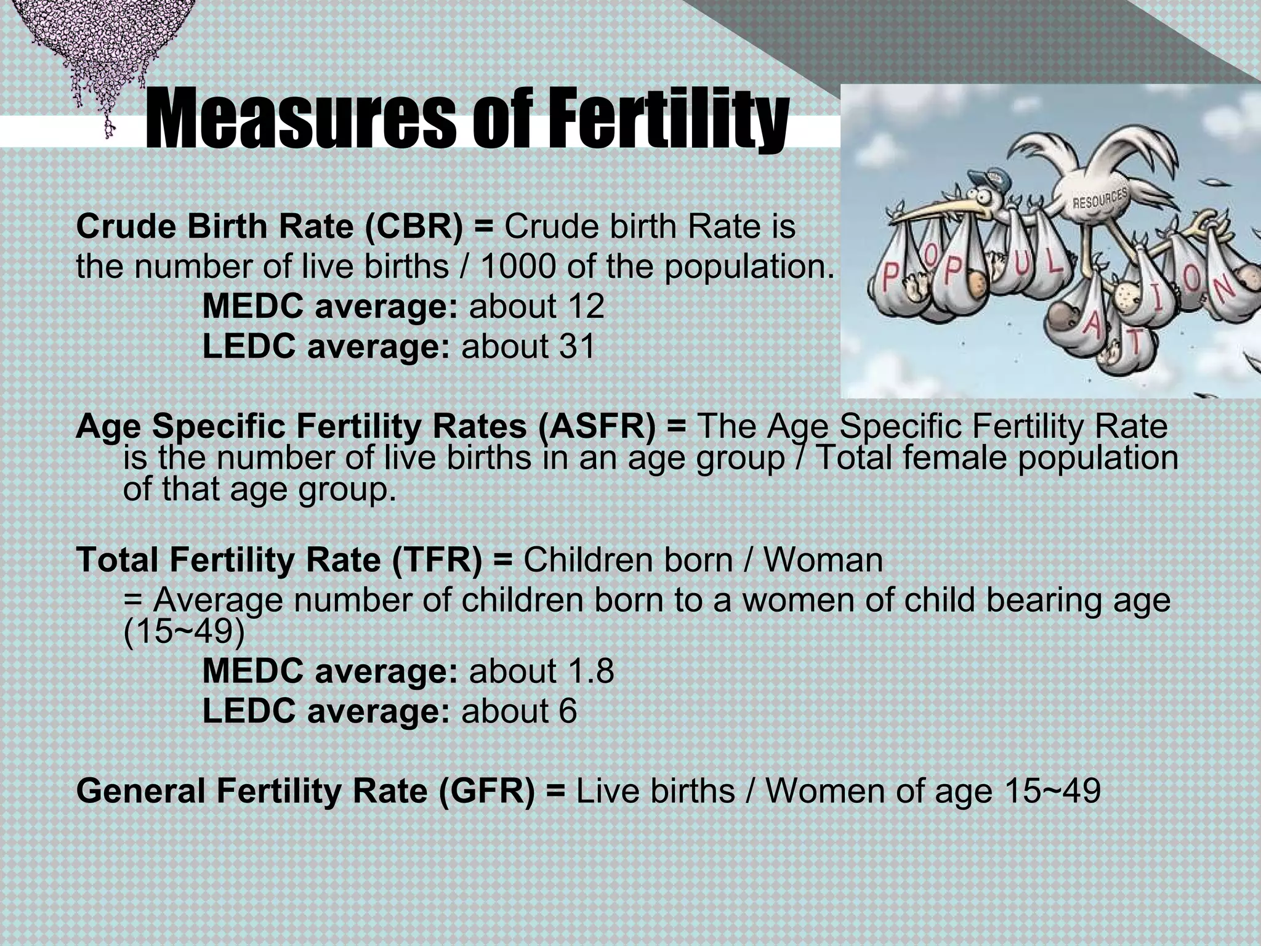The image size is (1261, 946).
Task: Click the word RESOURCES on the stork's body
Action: click(x=1100, y=198)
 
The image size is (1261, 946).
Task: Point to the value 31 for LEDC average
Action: click(x=577, y=346)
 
